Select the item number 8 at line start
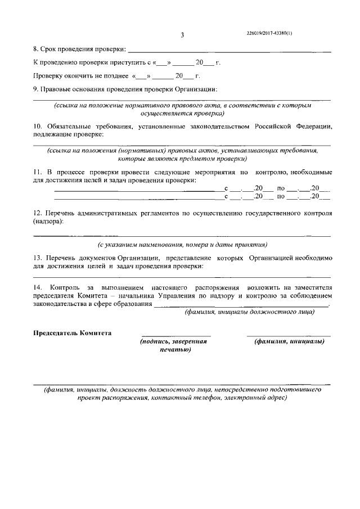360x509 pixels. (x=35, y=51)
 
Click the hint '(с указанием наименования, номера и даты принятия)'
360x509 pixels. (x=182, y=245)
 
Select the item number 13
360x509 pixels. (x=37, y=257)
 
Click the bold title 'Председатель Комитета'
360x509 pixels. (x=73, y=333)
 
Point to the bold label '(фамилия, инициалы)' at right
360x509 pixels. (x=289, y=342)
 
